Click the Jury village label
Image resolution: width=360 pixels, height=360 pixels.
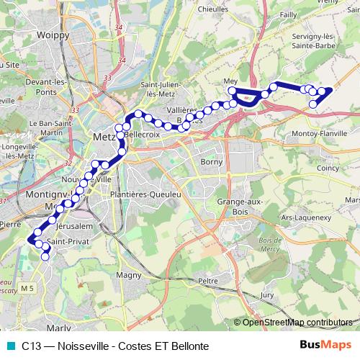(x=267, y=295)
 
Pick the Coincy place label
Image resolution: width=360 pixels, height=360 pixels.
(x=327, y=168)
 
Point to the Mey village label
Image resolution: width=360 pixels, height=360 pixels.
(x=231, y=81)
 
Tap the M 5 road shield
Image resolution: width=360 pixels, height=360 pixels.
(x=27, y=288)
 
